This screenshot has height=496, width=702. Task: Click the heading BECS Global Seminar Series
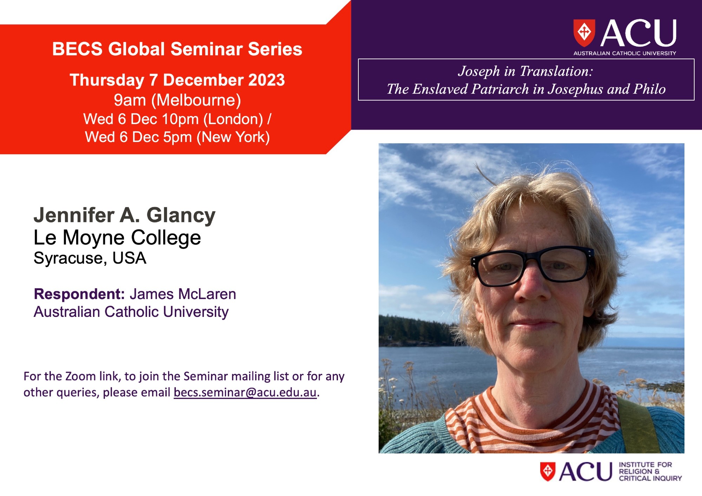tap(177, 49)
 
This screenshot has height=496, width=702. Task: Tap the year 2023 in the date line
tap(266, 80)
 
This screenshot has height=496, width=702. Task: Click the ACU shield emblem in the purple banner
tap(584, 33)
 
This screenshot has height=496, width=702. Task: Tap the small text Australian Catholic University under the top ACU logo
tap(625, 53)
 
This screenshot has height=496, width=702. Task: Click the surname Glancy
tap(181, 216)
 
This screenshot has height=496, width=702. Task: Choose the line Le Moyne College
tap(117, 238)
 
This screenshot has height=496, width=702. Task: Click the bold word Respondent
tap(79, 294)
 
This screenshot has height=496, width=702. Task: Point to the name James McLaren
tap(183, 294)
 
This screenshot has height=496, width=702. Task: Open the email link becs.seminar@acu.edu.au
tap(245, 392)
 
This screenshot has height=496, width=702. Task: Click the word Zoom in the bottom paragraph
tap(80, 376)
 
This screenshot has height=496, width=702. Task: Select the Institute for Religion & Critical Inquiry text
tap(650, 471)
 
